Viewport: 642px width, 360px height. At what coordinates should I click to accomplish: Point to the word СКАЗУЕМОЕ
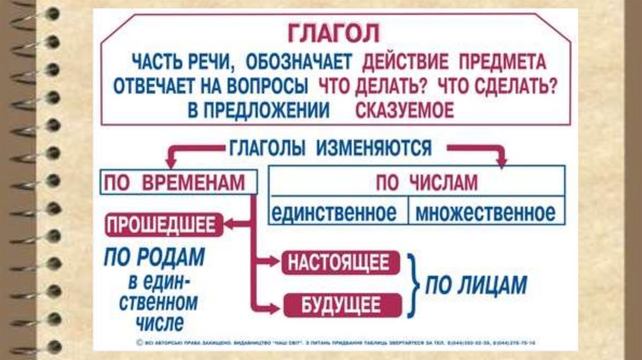click(x=404, y=110)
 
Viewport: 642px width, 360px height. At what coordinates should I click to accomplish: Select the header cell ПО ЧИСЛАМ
click(x=417, y=183)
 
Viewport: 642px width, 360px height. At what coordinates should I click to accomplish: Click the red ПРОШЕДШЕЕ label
click(x=164, y=225)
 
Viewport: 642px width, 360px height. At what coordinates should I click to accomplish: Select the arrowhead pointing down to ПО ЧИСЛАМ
click(x=501, y=161)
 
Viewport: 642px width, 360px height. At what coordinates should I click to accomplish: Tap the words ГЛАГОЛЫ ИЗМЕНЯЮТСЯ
click(x=330, y=148)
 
